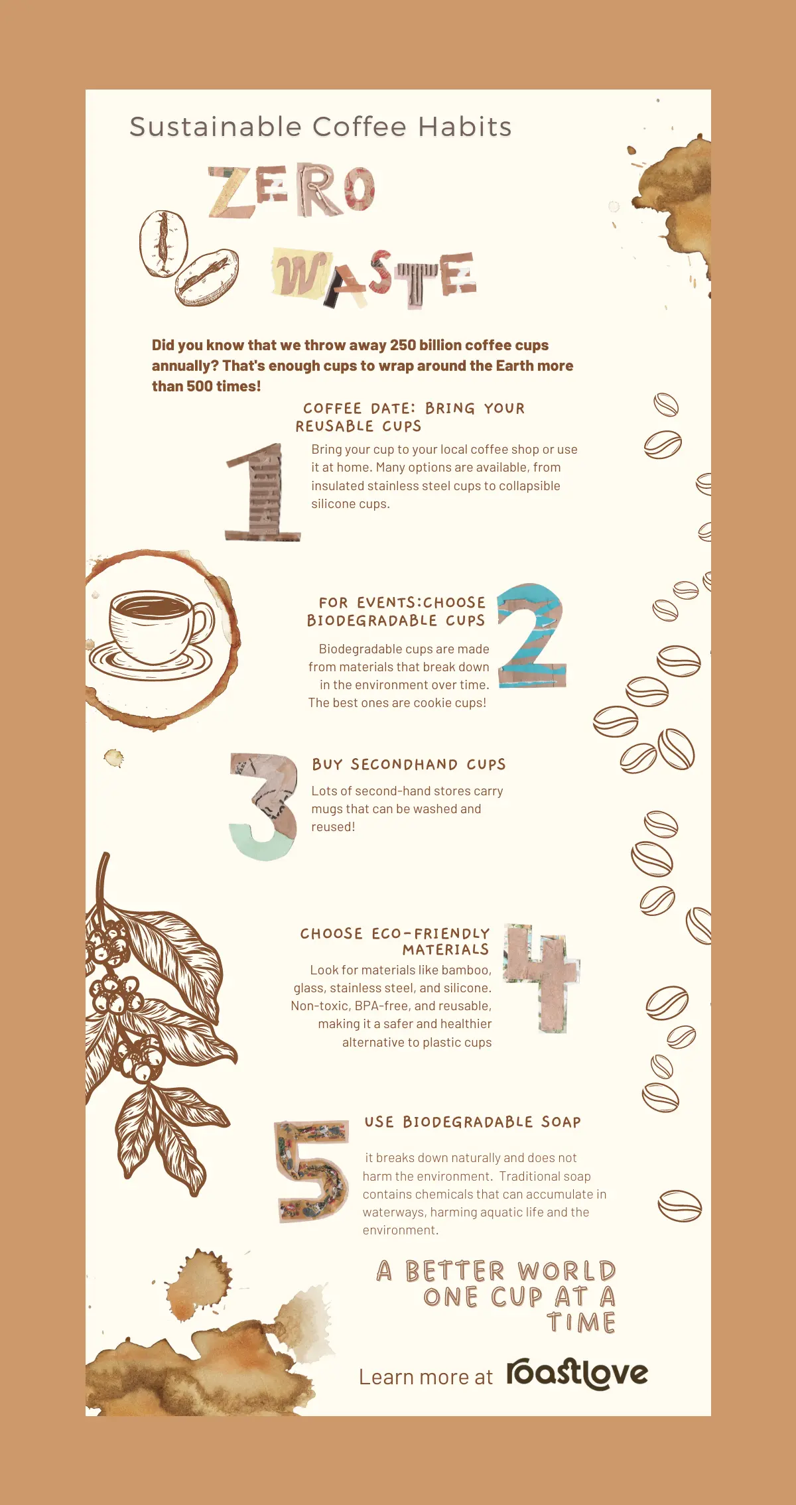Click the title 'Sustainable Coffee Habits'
click(320, 127)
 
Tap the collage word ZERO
click(292, 191)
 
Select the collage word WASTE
click(373, 277)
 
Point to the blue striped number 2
click(531, 635)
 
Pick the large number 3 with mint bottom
click(263, 806)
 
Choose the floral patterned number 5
click(312, 1171)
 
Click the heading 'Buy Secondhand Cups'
click(409, 765)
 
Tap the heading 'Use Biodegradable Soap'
click(472, 1122)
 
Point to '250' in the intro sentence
click(403, 345)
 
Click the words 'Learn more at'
click(425, 1378)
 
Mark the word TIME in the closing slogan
click(582, 1323)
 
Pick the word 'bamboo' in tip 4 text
click(465, 970)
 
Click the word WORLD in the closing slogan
click(567, 1271)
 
